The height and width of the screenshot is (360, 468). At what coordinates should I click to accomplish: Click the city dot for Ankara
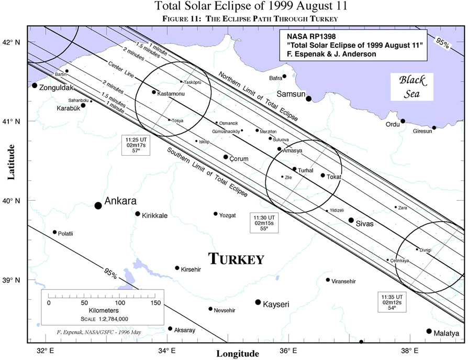(98, 205)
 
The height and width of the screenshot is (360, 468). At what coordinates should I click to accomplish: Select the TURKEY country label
(236, 259)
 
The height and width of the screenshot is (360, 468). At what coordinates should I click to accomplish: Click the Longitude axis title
(238, 354)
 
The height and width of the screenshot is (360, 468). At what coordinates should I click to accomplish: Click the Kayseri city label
(276, 303)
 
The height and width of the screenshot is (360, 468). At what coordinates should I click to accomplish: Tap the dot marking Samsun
(309, 99)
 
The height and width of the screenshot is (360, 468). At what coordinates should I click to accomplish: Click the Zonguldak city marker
(35, 85)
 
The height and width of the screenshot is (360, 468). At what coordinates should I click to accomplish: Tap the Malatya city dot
(429, 331)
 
